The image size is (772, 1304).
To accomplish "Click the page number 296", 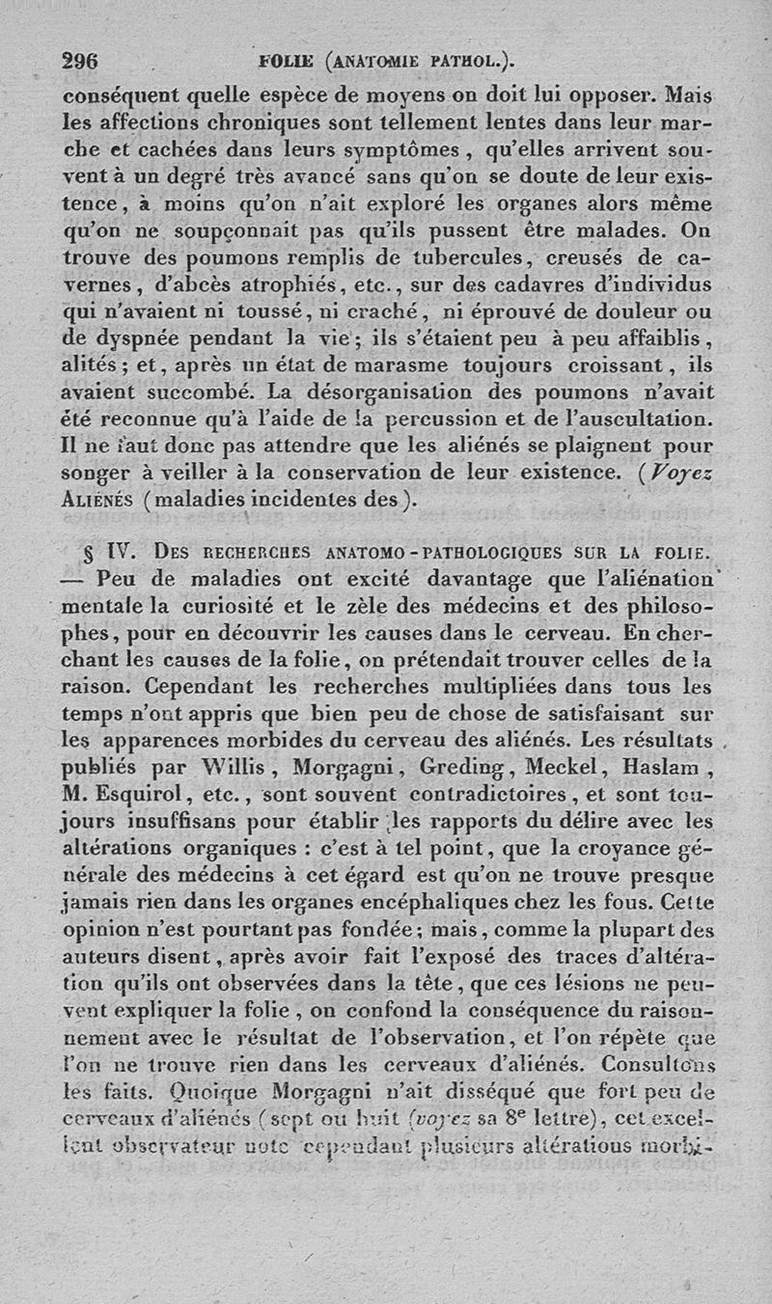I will point(80,58).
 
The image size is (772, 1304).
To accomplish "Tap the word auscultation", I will point(647,421).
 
